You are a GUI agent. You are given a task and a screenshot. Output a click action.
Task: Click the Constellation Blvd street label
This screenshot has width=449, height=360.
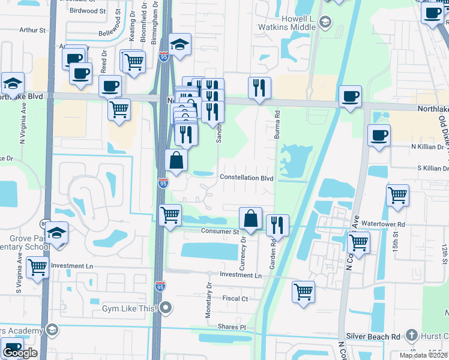click(246, 178)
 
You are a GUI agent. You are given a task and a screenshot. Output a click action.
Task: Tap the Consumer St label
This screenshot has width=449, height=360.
click(220, 231)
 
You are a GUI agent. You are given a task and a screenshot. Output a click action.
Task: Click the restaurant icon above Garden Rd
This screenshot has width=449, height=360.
click(277, 226)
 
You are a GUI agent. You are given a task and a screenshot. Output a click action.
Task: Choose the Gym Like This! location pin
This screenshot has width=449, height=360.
click(167, 308)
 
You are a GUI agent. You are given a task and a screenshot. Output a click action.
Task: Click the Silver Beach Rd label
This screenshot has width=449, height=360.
click(372, 338)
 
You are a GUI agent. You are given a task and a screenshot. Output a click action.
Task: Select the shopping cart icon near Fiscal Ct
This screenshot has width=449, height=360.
click(303, 292)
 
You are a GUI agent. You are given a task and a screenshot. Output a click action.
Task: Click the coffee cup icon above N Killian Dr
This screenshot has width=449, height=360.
click(379, 135)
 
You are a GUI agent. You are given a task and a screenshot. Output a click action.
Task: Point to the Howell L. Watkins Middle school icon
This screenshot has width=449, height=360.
click(325, 23)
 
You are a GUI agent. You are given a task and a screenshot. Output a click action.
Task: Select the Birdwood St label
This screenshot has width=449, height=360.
click(88, 11)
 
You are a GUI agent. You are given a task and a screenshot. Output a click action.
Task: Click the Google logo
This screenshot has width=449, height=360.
click(19, 353)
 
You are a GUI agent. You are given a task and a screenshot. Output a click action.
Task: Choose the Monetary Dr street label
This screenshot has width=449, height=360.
click(209, 294)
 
